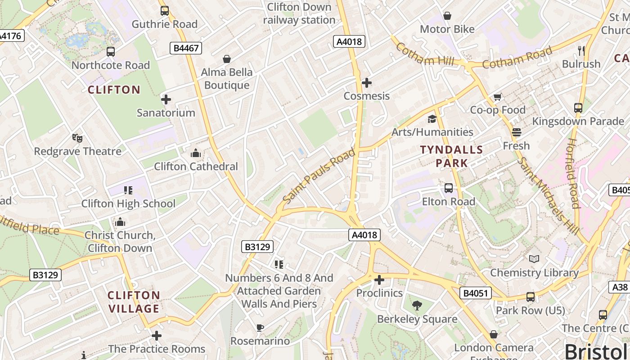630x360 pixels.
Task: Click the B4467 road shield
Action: pos(185,48)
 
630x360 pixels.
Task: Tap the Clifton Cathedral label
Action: pos(196,166)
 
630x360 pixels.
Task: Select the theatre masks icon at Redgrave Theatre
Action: pos(77,138)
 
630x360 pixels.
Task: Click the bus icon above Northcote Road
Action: pos(111,52)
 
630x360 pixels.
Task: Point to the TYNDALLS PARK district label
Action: pos(451,156)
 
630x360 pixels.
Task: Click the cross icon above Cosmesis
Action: pos(367,82)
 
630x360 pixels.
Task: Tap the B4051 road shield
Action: pos(476,293)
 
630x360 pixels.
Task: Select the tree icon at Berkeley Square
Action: pos(417,306)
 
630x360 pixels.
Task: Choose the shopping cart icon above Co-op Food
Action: pos(498,97)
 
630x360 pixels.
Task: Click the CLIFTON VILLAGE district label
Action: pos(134,302)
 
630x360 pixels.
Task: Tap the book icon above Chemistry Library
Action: pos(534,259)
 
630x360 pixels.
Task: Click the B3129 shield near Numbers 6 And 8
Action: pos(257,247)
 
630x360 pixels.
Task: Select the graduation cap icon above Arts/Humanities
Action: pos(432,119)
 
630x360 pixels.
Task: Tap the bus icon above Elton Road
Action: pos(448,188)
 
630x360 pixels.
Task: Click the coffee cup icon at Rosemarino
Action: pos(260,328)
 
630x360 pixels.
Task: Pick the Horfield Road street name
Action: pos(572,173)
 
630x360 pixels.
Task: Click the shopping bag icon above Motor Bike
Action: pos(447,16)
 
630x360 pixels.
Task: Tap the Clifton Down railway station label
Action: pos(299,13)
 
